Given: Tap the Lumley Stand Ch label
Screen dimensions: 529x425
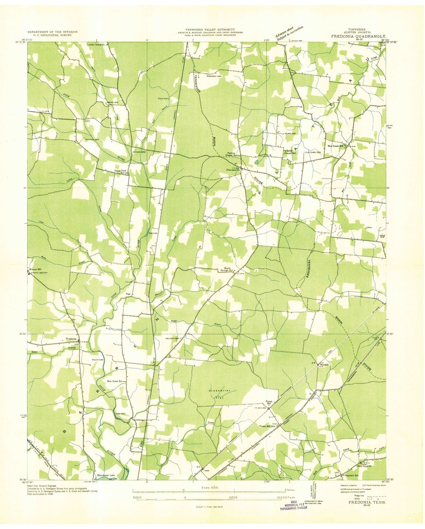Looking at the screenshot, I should coord(96,45).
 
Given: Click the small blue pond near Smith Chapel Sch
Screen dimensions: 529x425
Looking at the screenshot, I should coord(257,162).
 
